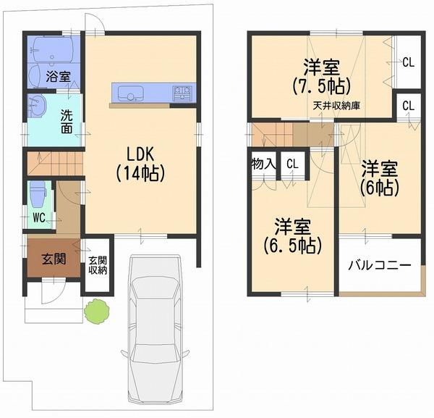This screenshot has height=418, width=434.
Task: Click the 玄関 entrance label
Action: pos(54,259)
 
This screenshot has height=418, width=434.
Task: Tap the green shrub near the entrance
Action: pos(97,312)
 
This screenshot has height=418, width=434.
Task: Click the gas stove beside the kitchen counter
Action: pos(182,93)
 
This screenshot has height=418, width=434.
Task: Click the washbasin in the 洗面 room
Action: pos(37,107)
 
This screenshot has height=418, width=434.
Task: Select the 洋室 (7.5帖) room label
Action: pos(322,77)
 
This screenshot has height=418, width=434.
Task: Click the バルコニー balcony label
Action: pos(380,265)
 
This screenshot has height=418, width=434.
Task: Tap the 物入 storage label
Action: pos(263,163)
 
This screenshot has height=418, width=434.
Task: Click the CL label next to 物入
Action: pos(292,164)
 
